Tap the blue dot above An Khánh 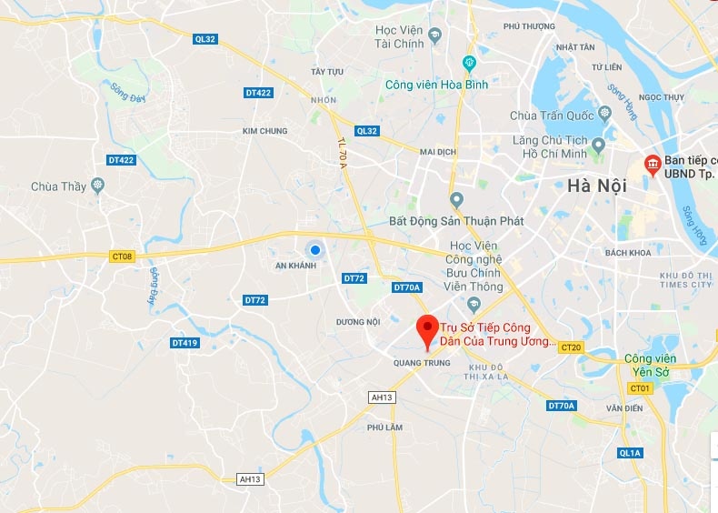click(x=314, y=249)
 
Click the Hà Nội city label click(x=593, y=185)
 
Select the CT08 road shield click(x=122, y=256)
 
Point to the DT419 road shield click(x=184, y=343)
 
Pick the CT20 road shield click(x=571, y=347)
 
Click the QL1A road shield click(x=630, y=452)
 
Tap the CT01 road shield click(x=640, y=388)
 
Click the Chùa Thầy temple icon click(x=98, y=186)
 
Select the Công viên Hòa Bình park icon click(x=469, y=63)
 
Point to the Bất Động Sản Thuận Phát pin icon click(x=456, y=200)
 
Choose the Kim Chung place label click(x=265, y=131)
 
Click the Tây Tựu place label click(x=328, y=71)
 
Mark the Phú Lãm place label click(x=384, y=427)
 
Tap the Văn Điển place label click(x=625, y=408)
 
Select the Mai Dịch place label click(x=437, y=152)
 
